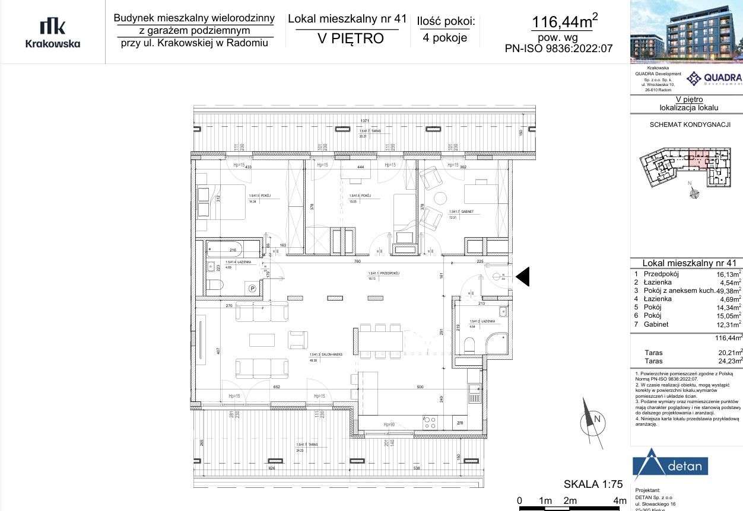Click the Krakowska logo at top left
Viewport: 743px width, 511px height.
52,33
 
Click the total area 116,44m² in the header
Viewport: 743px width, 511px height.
564,22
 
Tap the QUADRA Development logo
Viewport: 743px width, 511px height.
714,78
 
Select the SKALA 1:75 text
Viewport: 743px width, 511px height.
585,484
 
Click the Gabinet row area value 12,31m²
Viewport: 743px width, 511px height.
729,325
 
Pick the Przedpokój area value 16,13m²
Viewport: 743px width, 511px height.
729,274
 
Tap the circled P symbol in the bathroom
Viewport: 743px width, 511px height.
252,289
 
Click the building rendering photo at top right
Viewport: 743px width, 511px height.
687,31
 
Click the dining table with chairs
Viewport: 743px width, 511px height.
380,341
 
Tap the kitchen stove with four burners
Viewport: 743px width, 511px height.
429,422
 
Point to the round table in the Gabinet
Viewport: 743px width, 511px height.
440,199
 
